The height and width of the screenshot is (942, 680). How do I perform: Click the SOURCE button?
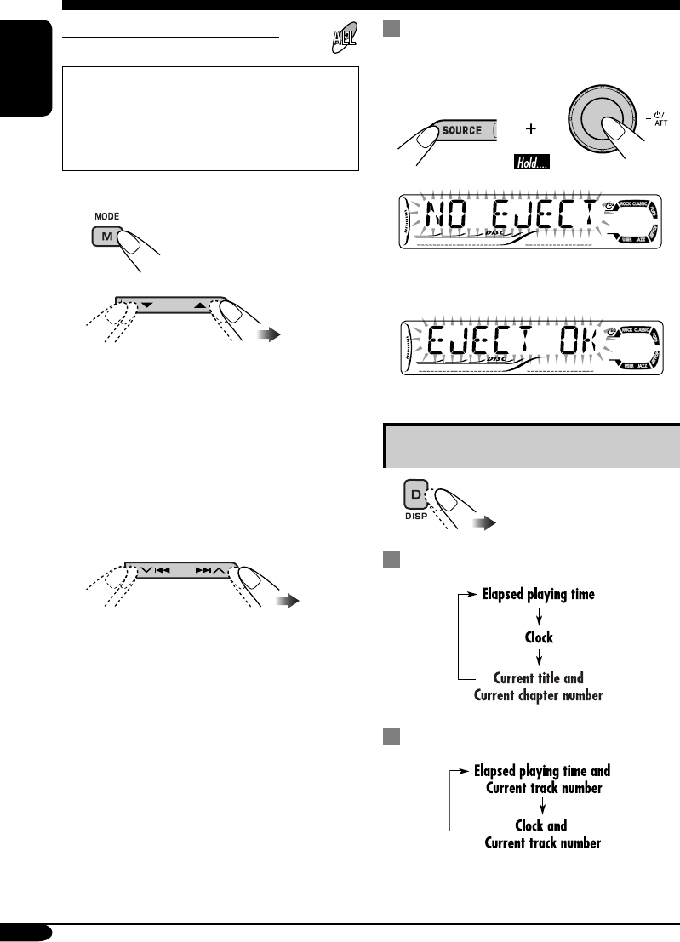tap(460, 132)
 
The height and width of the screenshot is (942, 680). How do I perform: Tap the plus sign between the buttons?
tap(530, 130)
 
